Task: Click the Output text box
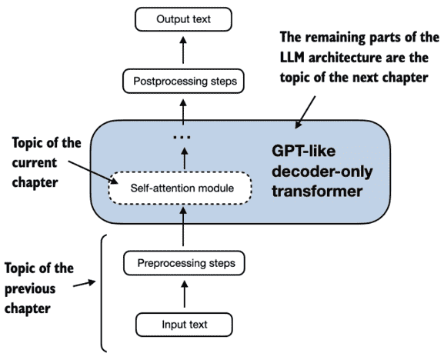[x=183, y=19]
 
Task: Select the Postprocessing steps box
[x=183, y=81]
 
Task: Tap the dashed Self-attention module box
[x=179, y=188]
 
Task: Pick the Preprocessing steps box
[x=184, y=263]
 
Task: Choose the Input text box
[x=185, y=325]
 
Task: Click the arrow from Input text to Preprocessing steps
[x=185, y=294]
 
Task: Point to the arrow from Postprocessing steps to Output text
[x=183, y=50]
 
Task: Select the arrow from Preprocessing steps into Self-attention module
[x=183, y=227]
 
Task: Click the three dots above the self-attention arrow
[x=182, y=137]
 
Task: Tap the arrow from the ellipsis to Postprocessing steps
[x=183, y=112]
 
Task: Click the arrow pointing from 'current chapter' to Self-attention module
[x=93, y=172]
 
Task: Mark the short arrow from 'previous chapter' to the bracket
[x=85, y=284]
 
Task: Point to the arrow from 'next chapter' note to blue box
[x=305, y=112]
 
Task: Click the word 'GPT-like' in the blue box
[x=303, y=151]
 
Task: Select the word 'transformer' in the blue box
[x=317, y=191]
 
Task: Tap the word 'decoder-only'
[x=322, y=172]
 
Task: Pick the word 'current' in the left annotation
[x=35, y=163]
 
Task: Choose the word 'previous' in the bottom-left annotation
[x=30, y=289]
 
